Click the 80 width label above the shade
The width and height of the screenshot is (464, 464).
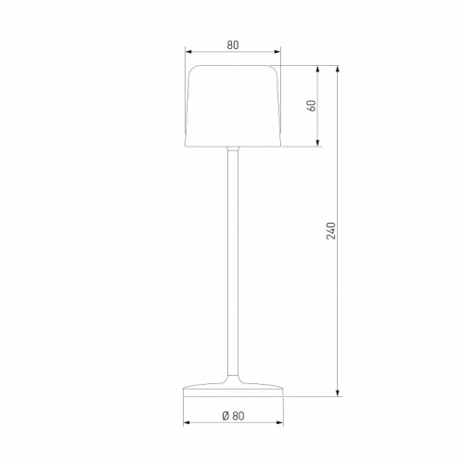[x=232, y=42]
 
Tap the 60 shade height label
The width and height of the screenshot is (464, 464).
[x=312, y=106]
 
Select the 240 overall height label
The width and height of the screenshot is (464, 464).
[x=330, y=231]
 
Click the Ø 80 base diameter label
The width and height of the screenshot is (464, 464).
[x=232, y=416]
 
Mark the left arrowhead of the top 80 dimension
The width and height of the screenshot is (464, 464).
[x=187, y=52]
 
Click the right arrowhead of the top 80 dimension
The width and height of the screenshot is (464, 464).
[x=277, y=52]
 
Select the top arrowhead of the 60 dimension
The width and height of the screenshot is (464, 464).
[x=319, y=70]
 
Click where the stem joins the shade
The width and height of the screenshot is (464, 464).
[x=232, y=149]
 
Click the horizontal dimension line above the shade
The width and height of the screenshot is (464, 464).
[x=213, y=52]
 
